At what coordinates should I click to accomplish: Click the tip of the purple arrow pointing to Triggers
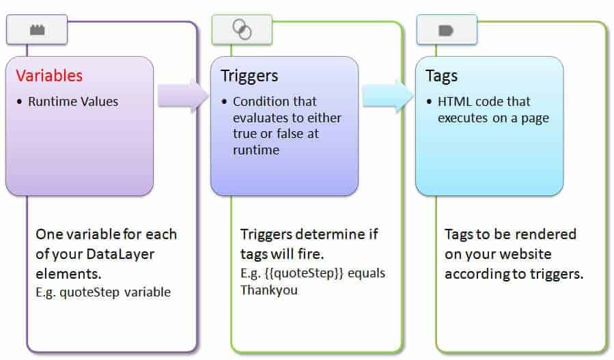pos(208,96)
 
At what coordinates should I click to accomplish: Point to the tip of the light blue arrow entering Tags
pos(413,96)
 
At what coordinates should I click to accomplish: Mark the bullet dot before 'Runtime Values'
pos(19,102)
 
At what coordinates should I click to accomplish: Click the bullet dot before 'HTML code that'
pos(429,102)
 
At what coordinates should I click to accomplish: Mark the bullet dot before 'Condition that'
pos(224,102)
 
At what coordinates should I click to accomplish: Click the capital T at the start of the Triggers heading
pos(225,76)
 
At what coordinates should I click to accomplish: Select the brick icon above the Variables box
pos(37,30)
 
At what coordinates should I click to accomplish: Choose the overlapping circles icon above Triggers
pos(242,29)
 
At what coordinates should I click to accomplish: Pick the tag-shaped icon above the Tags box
pos(446,30)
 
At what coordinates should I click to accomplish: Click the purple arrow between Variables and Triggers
pos(183,96)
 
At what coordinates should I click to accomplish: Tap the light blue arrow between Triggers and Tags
pos(388,96)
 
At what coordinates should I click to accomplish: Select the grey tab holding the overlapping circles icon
pos(242,29)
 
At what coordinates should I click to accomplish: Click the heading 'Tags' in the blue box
pos(442,76)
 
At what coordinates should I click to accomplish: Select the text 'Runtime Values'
pos(73,102)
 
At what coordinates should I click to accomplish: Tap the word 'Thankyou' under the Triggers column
pos(269,290)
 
